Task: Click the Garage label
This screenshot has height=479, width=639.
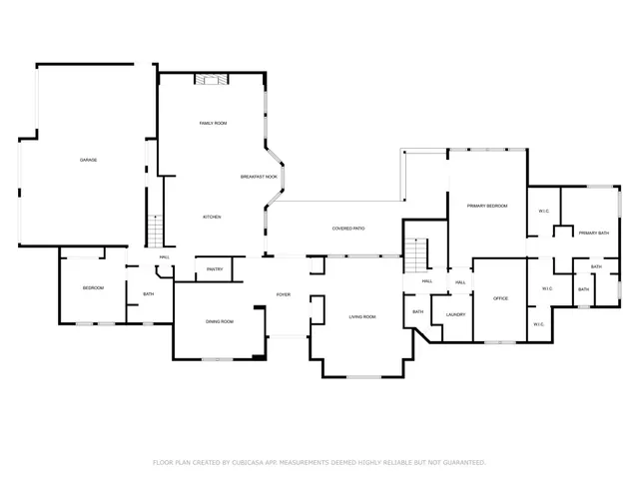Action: (89, 160)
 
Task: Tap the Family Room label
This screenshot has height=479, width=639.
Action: (214, 123)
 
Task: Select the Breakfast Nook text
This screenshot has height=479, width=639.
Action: (259, 177)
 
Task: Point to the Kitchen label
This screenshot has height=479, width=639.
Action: (212, 217)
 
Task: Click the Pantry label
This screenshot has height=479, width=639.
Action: (215, 269)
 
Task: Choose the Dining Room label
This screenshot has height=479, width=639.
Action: (220, 321)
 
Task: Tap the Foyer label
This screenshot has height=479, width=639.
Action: (284, 294)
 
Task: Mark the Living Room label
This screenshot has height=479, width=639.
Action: (361, 316)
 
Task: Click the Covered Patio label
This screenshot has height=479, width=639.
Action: (348, 229)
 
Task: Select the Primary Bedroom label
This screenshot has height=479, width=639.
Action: (487, 206)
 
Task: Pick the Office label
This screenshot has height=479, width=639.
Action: (501, 298)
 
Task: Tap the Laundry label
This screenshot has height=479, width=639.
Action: (456, 314)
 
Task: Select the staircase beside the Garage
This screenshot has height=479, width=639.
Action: (155, 231)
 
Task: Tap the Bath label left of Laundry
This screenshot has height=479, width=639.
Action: (418, 312)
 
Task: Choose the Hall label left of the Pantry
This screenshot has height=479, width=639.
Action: (164, 257)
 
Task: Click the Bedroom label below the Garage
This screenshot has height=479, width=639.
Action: (93, 288)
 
